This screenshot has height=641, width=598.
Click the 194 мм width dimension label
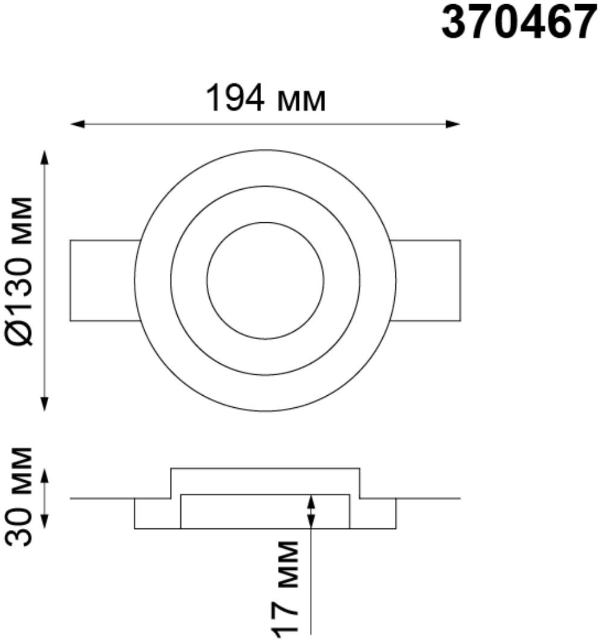266,98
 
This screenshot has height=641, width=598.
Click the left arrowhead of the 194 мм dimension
77,124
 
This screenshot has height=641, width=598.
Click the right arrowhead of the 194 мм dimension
453,124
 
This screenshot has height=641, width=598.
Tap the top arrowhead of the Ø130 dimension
45,157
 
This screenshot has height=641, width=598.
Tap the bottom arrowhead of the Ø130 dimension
45,404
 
